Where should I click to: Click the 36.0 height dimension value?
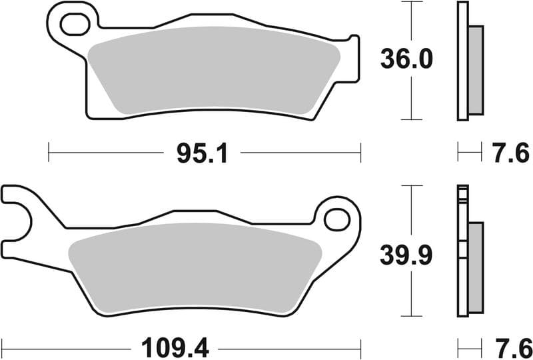pos(406,60)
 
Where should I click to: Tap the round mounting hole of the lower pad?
pos(338,219)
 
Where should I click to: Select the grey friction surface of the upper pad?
pos(213,70)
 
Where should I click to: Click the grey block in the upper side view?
pos(476,70)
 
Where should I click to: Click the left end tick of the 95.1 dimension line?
pos(49,153)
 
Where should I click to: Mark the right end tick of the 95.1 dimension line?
pos(360,153)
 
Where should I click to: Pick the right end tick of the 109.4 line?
pos(360,347)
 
